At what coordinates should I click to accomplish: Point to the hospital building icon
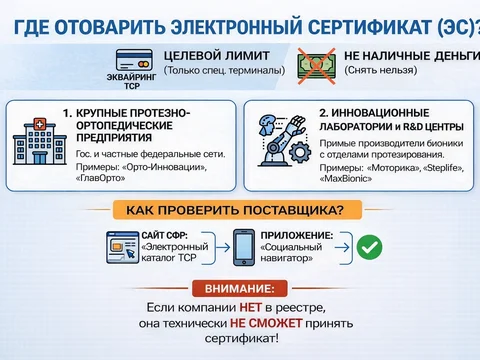click(x=37, y=144)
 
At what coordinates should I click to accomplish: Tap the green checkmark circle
click(x=368, y=245)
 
